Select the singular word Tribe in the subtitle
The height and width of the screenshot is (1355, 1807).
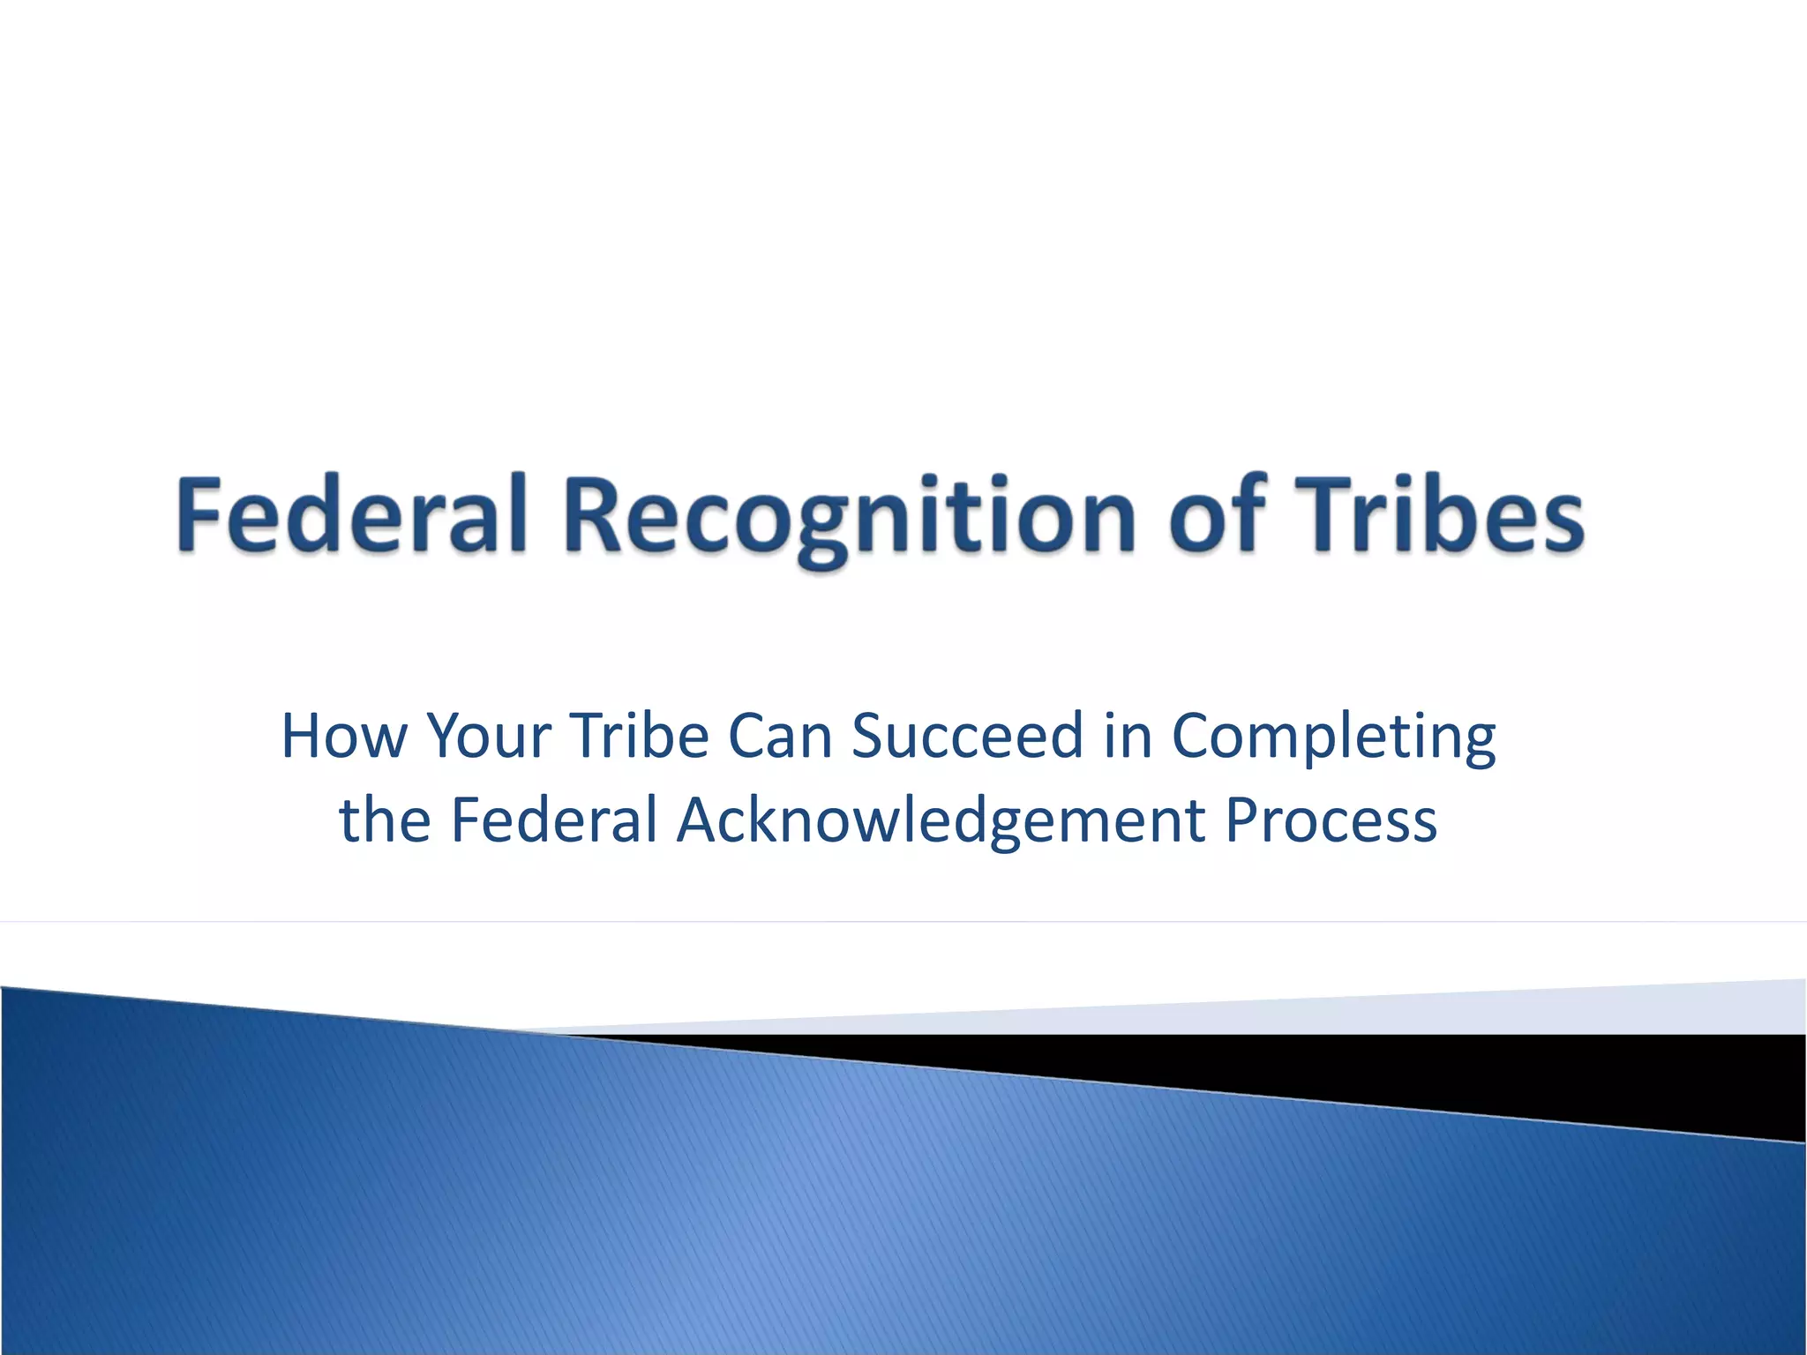click(x=639, y=736)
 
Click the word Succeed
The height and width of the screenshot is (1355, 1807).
click(x=967, y=736)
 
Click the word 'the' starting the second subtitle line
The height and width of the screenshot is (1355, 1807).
click(x=385, y=820)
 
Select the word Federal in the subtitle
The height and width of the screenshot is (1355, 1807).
click(x=554, y=820)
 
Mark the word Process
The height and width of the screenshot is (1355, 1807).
click(x=1331, y=820)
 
